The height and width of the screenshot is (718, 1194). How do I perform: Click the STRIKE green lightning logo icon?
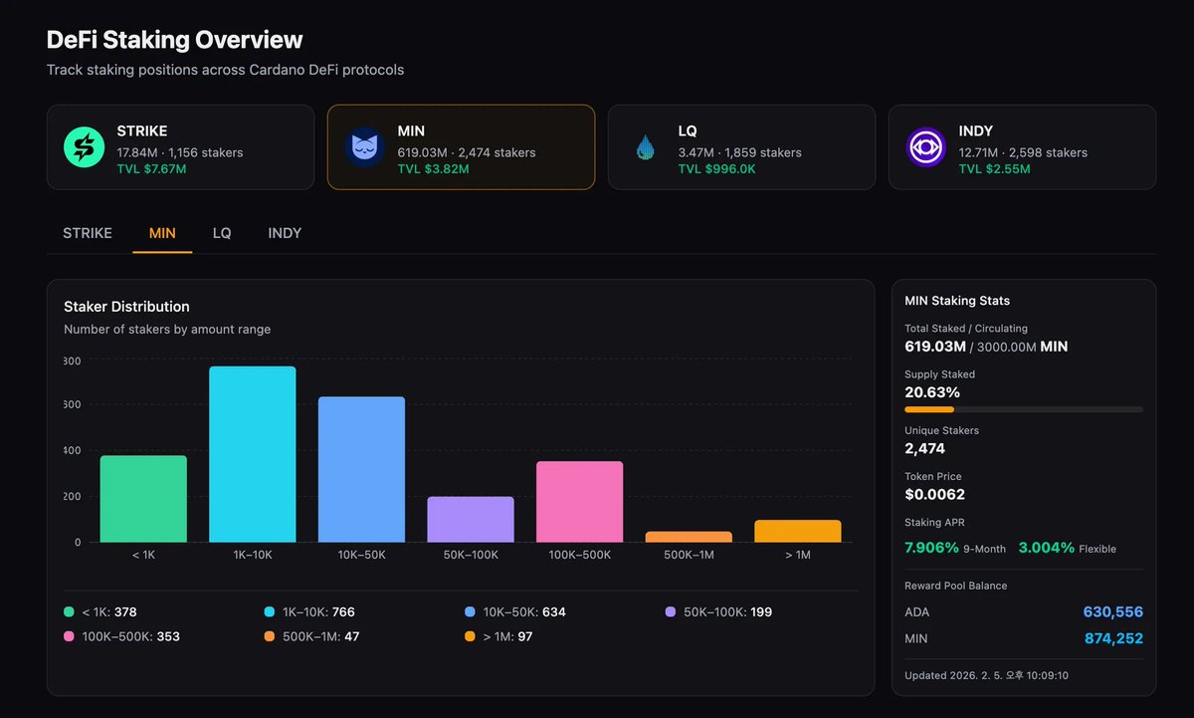pyautogui.click(x=85, y=147)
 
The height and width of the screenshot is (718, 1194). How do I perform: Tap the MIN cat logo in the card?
pyautogui.click(x=365, y=147)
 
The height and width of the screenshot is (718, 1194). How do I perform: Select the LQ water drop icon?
pyautogui.click(x=646, y=148)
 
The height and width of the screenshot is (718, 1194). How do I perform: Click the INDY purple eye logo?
pyautogui.click(x=926, y=147)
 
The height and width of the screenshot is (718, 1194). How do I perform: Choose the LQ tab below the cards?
pyautogui.click(x=222, y=233)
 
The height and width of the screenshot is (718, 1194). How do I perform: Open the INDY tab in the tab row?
pyautogui.click(x=285, y=233)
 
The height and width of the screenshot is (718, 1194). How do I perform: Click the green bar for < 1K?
pyautogui.click(x=143, y=499)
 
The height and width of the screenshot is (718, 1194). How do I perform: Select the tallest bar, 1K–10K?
pyautogui.click(x=253, y=454)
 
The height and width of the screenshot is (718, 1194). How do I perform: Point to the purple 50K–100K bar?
pyautogui.click(x=471, y=519)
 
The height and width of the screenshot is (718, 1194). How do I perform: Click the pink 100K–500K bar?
pyautogui.click(x=580, y=502)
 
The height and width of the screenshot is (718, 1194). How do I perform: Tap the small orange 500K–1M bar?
pyautogui.click(x=689, y=537)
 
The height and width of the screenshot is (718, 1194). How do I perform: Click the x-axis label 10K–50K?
pyautogui.click(x=361, y=555)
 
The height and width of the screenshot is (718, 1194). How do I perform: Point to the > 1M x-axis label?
pyautogui.click(x=798, y=555)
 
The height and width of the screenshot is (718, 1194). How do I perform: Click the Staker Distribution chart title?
pyautogui.click(x=126, y=307)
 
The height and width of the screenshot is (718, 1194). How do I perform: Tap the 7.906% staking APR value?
pyautogui.click(x=931, y=548)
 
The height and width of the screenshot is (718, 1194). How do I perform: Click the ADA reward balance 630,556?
pyautogui.click(x=1112, y=612)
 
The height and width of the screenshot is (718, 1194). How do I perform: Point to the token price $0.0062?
pyautogui.click(x=934, y=494)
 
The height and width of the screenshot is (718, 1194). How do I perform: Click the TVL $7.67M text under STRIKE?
pyautogui.click(x=151, y=169)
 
